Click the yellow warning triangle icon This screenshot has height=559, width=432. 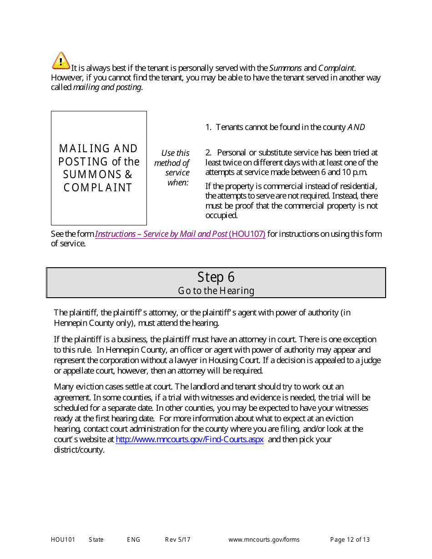(x=60, y=60)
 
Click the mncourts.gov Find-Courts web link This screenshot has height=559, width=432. (x=190, y=439)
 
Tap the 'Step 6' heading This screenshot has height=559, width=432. (x=216, y=277)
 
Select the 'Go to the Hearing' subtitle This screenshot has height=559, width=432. (x=216, y=291)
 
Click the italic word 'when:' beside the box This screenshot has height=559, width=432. (x=178, y=183)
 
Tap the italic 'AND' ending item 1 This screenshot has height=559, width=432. (x=356, y=127)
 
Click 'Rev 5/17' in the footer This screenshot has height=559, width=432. (x=178, y=540)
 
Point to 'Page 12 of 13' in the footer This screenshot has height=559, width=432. (x=350, y=540)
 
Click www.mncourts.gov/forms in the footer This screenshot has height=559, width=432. (x=264, y=540)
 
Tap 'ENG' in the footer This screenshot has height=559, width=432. (x=134, y=540)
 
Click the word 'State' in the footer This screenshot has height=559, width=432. (x=96, y=540)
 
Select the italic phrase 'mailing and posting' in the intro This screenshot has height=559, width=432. (x=107, y=87)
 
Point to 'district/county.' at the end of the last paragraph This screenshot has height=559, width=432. (x=79, y=450)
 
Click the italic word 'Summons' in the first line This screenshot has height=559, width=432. (x=285, y=68)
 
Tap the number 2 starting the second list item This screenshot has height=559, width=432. (x=207, y=153)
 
